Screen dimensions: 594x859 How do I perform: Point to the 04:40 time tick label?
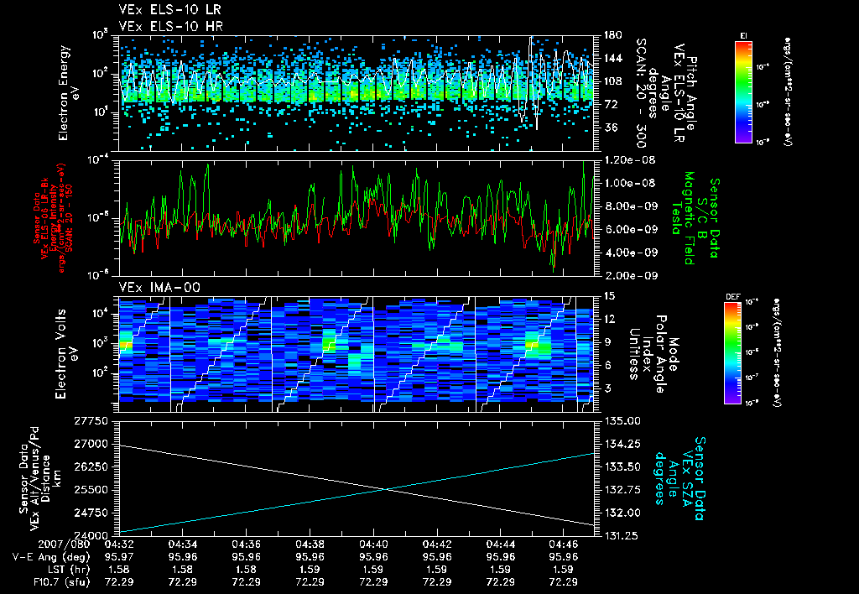click(x=373, y=544)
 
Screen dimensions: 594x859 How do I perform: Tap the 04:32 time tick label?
click(x=118, y=544)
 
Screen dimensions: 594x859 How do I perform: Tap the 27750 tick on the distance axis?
click(x=95, y=420)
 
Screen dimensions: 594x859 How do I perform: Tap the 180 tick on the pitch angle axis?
click(x=611, y=34)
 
